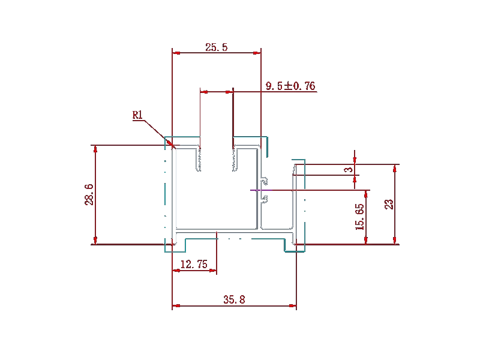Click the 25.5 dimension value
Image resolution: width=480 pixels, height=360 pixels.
(x=217, y=47)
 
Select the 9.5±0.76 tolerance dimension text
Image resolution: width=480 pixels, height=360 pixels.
(x=290, y=86)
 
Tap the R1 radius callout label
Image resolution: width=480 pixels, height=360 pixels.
(x=138, y=115)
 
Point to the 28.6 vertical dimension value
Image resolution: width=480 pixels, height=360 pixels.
(x=89, y=194)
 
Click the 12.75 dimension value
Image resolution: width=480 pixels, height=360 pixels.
(x=194, y=264)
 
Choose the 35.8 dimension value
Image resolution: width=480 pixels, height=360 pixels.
(x=234, y=299)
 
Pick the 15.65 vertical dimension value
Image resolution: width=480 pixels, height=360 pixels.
(x=359, y=217)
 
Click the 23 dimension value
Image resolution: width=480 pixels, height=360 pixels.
(x=389, y=204)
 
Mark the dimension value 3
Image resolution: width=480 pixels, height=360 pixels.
(x=349, y=169)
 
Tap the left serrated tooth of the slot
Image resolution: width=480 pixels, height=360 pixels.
(x=199, y=158)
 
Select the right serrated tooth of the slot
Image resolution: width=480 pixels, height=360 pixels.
(x=235, y=158)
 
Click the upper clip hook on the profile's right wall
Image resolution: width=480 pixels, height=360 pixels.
(x=264, y=181)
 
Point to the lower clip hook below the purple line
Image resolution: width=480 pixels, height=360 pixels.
(x=264, y=199)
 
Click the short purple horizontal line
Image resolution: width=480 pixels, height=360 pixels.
(x=261, y=190)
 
